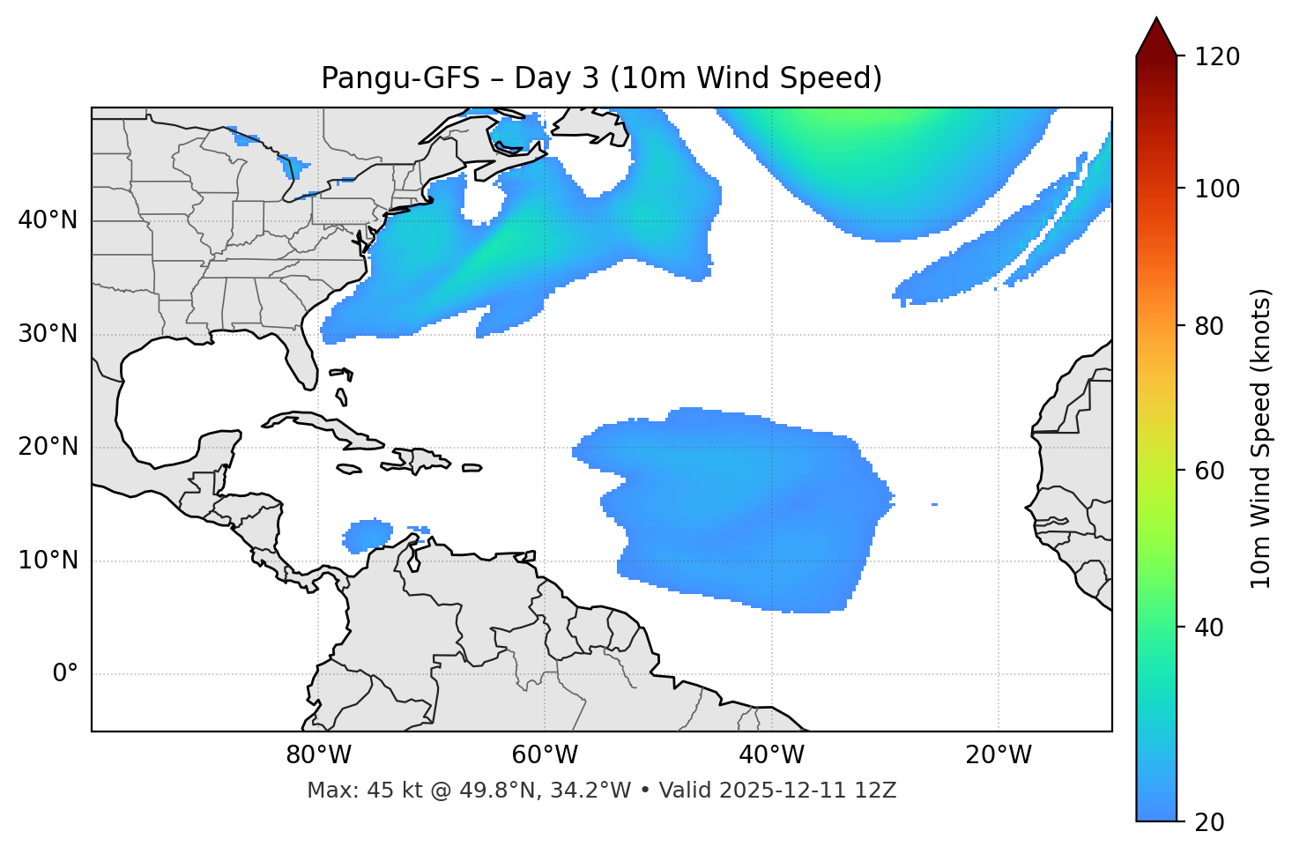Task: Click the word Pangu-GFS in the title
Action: (400, 78)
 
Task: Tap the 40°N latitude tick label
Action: (48, 220)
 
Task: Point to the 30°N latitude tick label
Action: (48, 334)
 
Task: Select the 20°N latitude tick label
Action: (48, 447)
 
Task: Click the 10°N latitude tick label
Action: (48, 561)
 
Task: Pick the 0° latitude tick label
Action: (64, 674)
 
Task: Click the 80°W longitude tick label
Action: (318, 755)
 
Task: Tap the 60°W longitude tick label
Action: (545, 755)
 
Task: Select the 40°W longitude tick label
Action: (772, 755)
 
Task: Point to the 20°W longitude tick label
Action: (999, 755)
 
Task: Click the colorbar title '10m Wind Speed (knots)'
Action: (1261, 438)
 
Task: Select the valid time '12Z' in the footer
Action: (878, 791)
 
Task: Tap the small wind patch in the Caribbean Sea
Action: (368, 534)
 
